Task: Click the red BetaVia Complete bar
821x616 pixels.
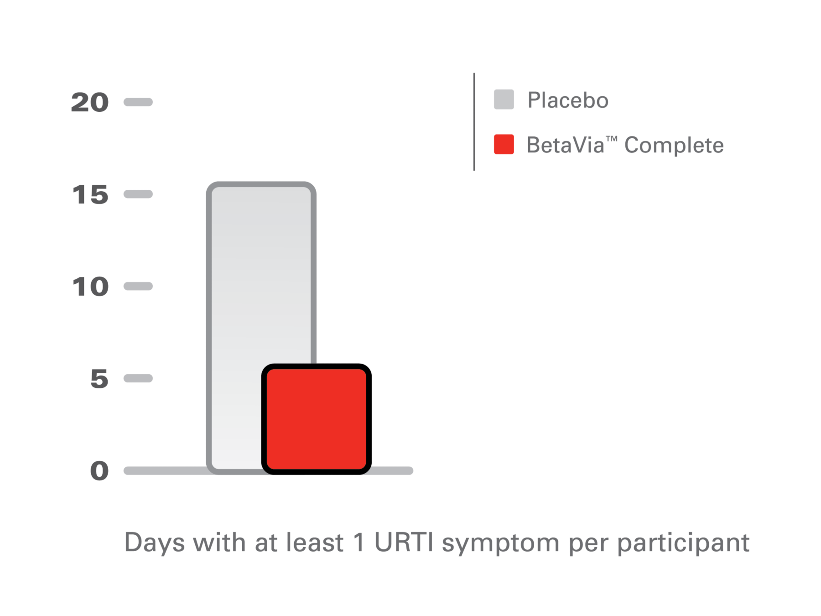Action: coord(316,419)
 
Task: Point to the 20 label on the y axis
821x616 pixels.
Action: coord(90,102)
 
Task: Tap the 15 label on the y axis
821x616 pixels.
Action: coord(90,195)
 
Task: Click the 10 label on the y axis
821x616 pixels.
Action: coord(90,287)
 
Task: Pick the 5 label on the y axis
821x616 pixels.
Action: coord(99,379)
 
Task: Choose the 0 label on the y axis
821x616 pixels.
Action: coord(99,471)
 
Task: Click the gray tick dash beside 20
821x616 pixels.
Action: coord(138,102)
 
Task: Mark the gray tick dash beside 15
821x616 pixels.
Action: coord(138,194)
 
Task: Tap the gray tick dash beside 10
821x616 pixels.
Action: coord(138,287)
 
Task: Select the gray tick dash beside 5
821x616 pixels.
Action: coord(138,378)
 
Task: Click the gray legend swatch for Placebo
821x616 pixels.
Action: coord(504,99)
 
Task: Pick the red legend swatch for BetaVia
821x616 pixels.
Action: coord(504,144)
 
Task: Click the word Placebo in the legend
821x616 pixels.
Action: coord(567,100)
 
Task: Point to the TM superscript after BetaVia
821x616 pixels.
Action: coord(611,138)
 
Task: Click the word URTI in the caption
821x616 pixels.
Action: coord(403,543)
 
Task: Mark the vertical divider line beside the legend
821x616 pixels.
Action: coord(474,122)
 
